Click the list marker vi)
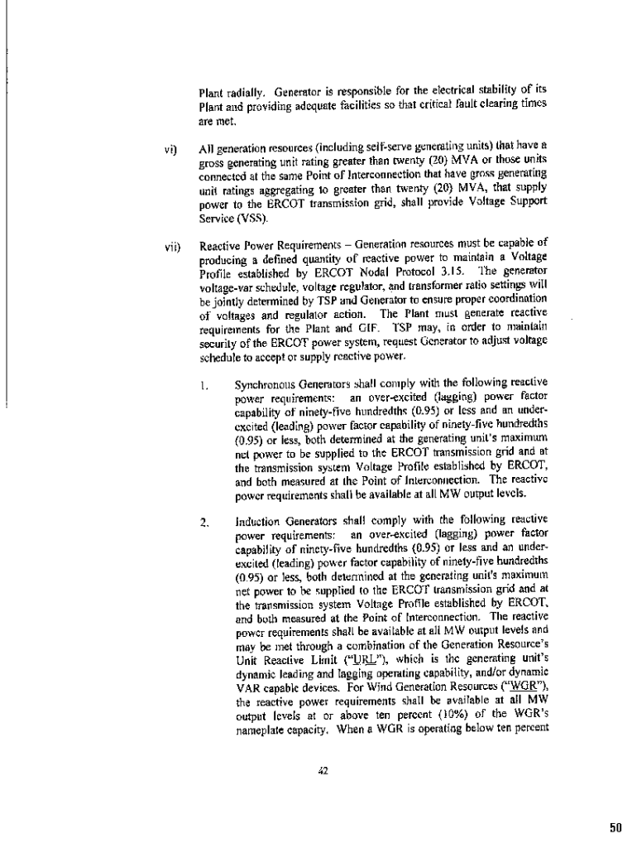(x=168, y=146)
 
